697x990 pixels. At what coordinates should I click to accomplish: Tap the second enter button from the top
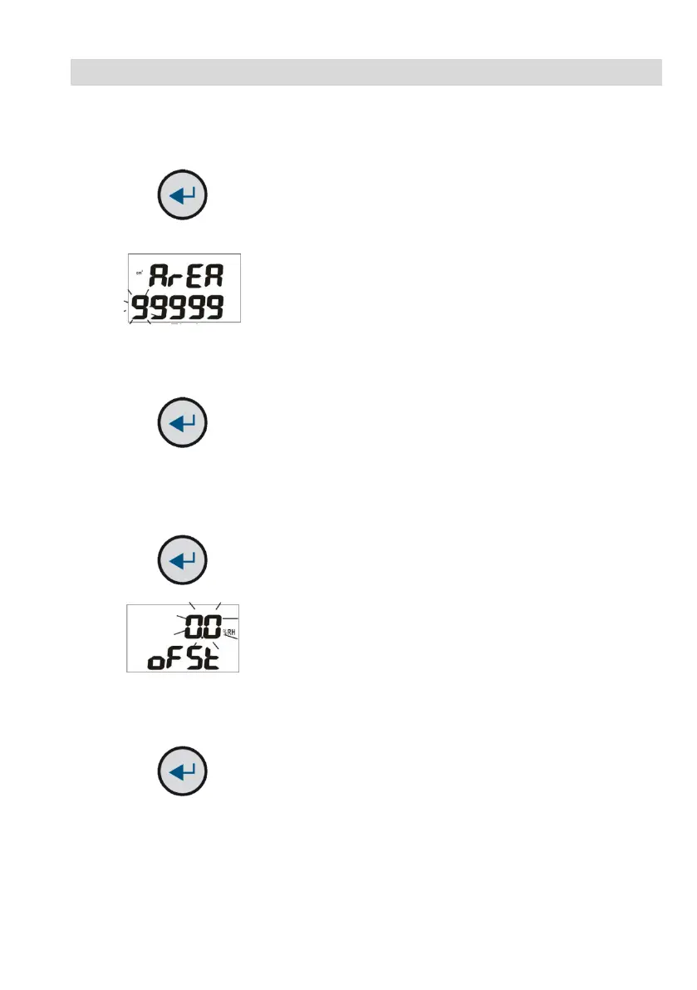[183, 426]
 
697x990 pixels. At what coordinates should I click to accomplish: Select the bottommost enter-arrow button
[183, 772]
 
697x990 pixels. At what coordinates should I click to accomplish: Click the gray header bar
[366, 72]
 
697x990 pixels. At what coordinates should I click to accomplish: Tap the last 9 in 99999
[214, 308]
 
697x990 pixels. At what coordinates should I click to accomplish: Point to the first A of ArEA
[159, 275]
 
